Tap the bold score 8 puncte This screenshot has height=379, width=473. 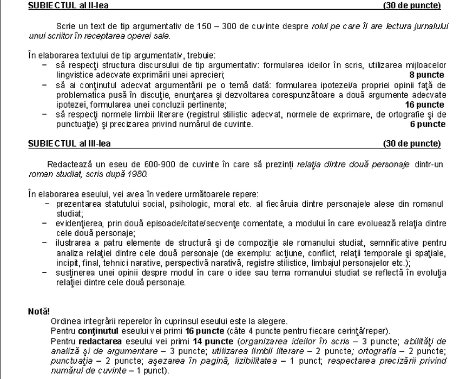point(427,75)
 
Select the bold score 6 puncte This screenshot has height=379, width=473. point(428,124)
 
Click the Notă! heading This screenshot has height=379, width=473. point(38,311)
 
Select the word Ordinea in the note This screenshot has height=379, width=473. point(65,321)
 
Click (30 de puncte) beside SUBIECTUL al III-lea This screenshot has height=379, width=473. point(411,143)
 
